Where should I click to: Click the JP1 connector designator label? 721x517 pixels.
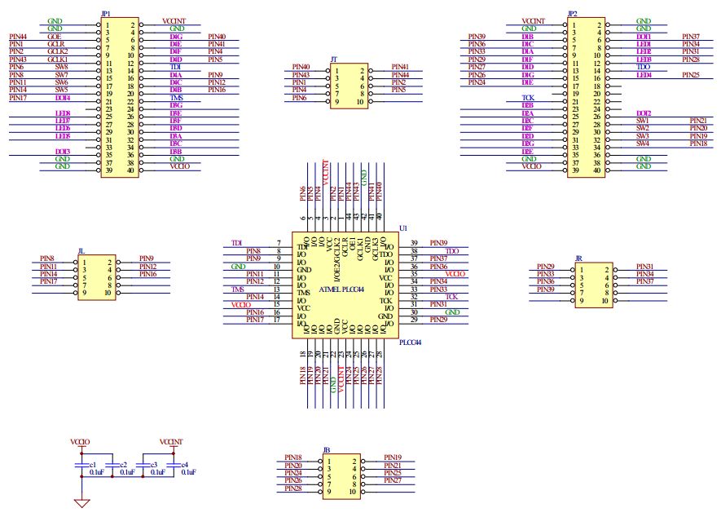point(105,14)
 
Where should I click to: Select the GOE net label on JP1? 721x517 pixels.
point(55,37)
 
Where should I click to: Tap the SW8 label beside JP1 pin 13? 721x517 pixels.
point(62,67)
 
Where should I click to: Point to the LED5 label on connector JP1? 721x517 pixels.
point(62,135)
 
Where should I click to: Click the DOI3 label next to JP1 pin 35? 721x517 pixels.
point(62,151)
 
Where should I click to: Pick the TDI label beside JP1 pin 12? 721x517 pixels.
point(175,67)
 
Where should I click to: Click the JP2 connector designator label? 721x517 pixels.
point(573,14)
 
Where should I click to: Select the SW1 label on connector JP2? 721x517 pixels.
point(643,121)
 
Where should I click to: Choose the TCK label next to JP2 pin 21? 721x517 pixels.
point(528,98)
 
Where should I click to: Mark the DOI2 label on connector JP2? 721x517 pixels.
point(644,113)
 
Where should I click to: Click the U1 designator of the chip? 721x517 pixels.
point(402,229)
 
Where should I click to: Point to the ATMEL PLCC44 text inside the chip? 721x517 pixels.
point(341,289)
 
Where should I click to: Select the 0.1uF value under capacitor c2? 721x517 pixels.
point(128,472)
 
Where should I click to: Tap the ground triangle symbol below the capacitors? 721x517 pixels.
point(81,502)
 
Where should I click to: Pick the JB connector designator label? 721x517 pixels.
point(327,449)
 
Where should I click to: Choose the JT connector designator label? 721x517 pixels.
point(334,60)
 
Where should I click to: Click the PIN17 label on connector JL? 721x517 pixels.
point(48,281)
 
